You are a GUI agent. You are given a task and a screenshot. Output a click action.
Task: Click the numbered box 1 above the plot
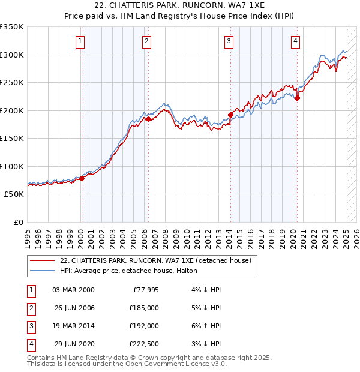[x=80, y=41]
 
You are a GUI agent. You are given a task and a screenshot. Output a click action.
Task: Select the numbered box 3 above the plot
[x=229, y=41]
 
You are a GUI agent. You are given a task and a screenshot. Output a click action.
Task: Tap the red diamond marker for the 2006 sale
[x=148, y=119]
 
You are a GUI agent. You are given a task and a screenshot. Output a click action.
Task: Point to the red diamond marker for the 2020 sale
[x=297, y=98]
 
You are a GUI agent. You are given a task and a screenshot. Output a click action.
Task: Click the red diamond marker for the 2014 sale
[x=230, y=115]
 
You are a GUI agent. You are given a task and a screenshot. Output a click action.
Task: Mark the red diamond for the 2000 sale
[x=82, y=178]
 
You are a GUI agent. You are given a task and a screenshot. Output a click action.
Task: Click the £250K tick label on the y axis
[x=12, y=82]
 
